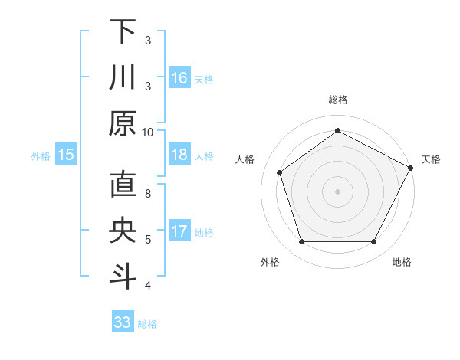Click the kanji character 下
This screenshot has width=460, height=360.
point(123,32)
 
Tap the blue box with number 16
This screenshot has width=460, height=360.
point(179,78)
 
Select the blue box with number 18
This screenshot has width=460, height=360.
point(179,155)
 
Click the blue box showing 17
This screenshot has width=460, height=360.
point(179,231)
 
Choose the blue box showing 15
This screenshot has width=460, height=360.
point(66,155)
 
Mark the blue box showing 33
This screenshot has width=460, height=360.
point(123,322)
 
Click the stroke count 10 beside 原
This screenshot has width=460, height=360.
point(148,132)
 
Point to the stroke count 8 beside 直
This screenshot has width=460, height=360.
point(148,194)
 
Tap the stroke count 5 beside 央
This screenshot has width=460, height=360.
point(148,240)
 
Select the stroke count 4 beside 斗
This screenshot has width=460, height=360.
point(148,286)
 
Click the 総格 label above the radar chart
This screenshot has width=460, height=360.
point(337,100)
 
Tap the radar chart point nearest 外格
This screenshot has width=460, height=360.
point(301,242)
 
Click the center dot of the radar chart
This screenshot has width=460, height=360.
point(337,191)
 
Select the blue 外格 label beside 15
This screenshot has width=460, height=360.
point(41,156)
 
